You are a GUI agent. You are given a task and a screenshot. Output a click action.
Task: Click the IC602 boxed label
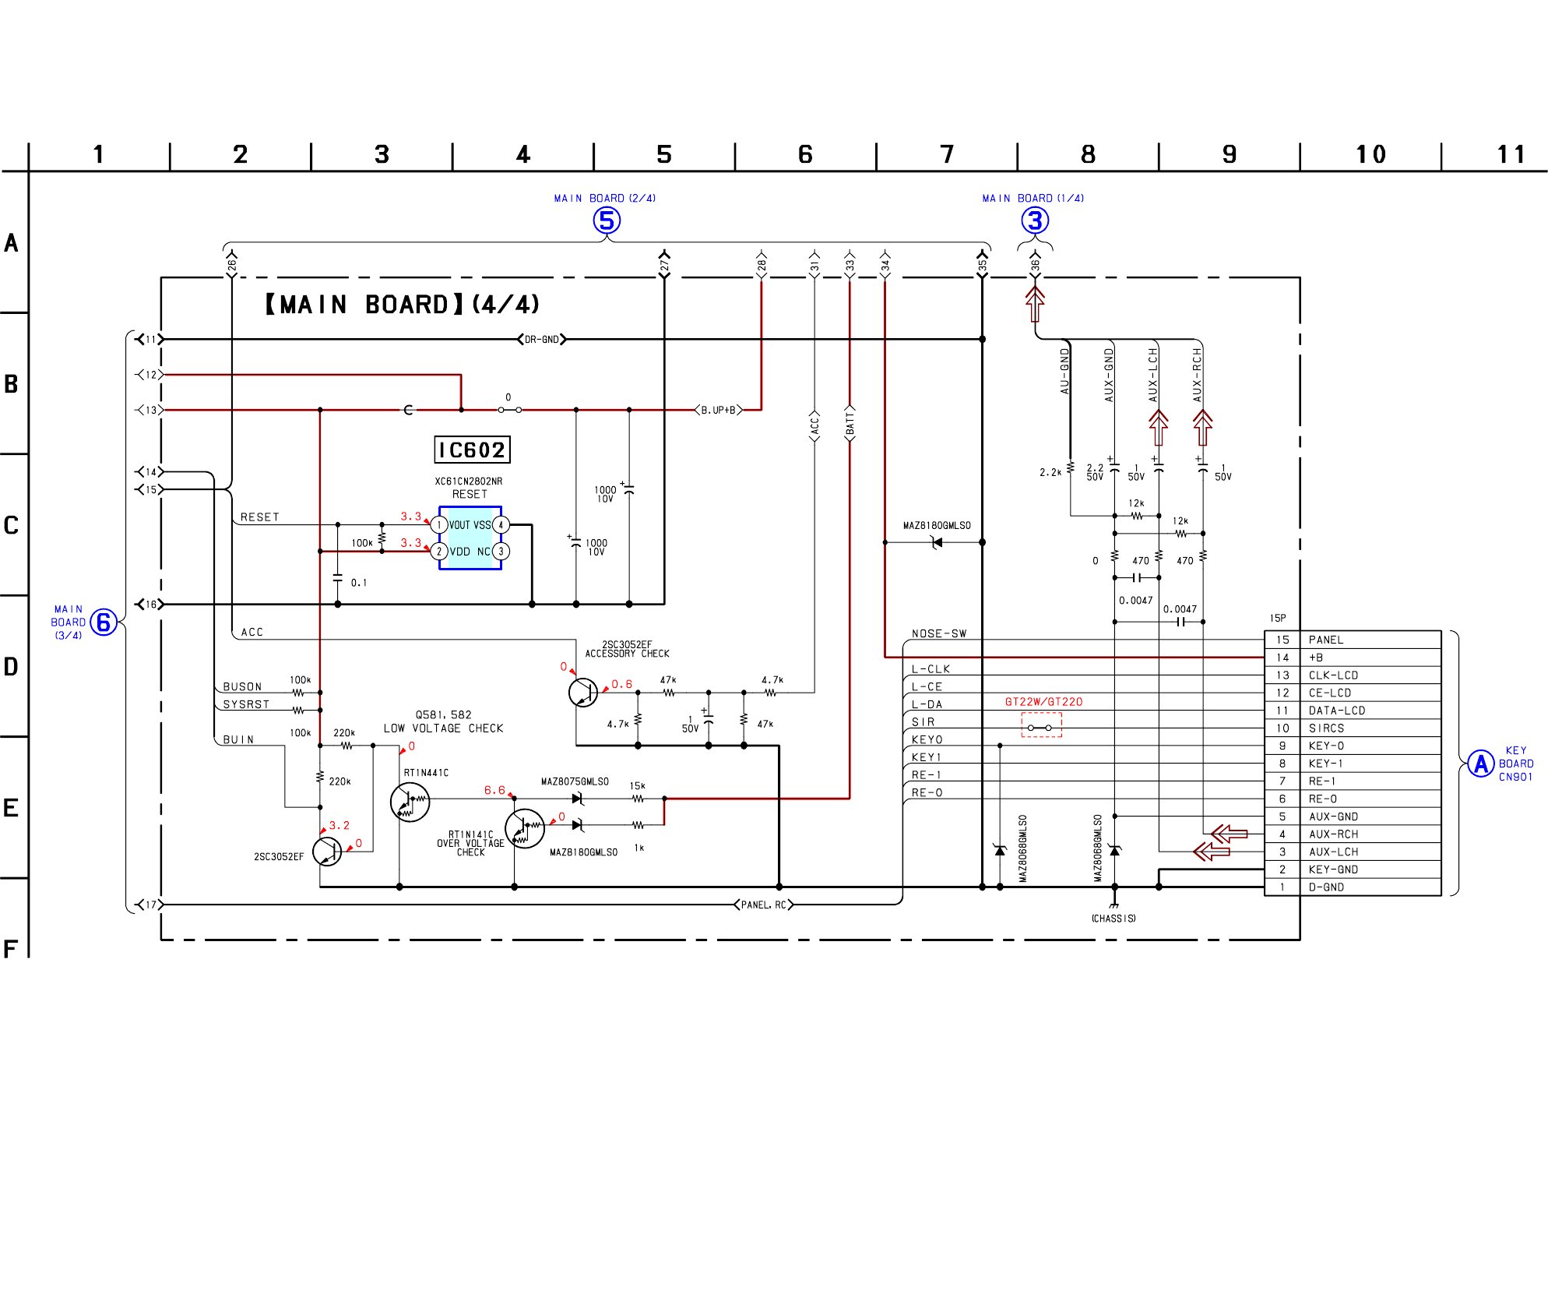click(x=472, y=450)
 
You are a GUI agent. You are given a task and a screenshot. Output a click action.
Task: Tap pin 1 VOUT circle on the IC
click(x=439, y=525)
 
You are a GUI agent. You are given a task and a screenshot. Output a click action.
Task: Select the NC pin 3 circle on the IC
click(x=501, y=552)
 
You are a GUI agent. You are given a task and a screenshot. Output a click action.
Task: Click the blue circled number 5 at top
click(x=607, y=220)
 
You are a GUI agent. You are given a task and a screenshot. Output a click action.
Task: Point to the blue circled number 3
click(x=1035, y=220)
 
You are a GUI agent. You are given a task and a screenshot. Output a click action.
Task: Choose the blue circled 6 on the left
click(x=104, y=622)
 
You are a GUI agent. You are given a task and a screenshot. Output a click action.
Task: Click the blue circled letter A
click(x=1480, y=764)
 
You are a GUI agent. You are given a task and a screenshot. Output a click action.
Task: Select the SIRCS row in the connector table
click(x=1326, y=728)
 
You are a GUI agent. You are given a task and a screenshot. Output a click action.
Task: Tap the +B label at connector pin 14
click(x=1316, y=658)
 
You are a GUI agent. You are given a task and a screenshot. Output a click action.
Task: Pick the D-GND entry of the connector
click(x=1326, y=887)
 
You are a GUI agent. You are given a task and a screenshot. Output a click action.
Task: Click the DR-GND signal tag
click(x=542, y=340)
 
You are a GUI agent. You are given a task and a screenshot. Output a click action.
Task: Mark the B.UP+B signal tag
click(x=718, y=410)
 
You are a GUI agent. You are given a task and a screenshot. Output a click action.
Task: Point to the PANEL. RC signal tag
click(x=764, y=905)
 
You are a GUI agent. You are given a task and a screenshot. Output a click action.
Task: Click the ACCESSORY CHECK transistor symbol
click(x=582, y=692)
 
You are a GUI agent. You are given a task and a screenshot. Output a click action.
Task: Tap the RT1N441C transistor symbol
click(x=410, y=801)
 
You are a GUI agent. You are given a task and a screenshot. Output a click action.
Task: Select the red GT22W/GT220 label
click(x=1043, y=702)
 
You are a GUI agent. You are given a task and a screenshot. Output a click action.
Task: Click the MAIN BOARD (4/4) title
click(x=402, y=305)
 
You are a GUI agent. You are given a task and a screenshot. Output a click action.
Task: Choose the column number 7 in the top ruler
click(x=947, y=154)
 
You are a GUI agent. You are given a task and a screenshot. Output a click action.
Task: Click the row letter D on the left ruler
click(x=11, y=667)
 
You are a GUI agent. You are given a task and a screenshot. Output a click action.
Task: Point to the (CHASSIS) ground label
click(x=1114, y=919)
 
